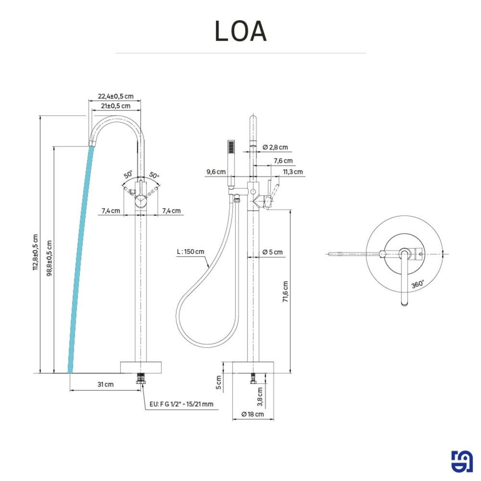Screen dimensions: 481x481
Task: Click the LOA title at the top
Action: click(x=240, y=31)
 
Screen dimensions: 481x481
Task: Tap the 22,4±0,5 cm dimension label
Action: click(x=115, y=97)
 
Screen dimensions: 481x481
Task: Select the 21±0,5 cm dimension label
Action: click(x=115, y=106)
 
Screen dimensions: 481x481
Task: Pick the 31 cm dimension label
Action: click(x=105, y=384)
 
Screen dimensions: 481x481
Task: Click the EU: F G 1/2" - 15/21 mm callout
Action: click(x=181, y=404)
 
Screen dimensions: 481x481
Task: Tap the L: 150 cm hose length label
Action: click(x=190, y=252)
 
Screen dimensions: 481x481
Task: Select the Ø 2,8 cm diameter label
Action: click(x=275, y=147)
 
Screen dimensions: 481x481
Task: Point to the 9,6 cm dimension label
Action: click(x=216, y=172)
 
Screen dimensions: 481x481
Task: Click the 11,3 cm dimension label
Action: click(x=293, y=172)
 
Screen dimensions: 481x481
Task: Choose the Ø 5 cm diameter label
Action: click(x=273, y=252)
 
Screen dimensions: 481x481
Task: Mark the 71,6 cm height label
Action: click(x=285, y=291)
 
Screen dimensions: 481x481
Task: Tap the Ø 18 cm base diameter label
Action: click(x=253, y=414)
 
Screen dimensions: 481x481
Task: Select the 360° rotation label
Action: click(x=417, y=284)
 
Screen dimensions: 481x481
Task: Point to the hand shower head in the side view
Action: click(x=231, y=147)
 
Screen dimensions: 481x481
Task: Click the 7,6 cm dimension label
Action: click(x=283, y=161)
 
